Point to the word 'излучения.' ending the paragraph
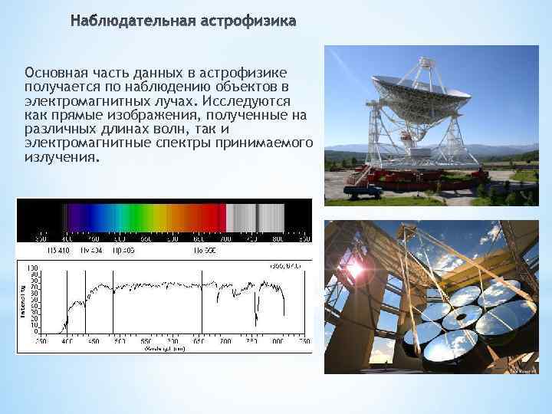[x=61, y=157]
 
